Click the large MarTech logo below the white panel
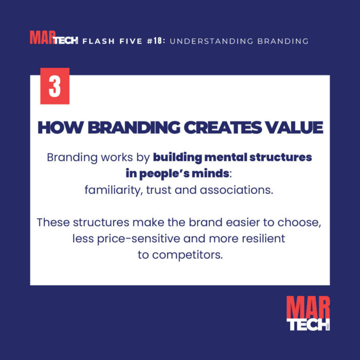click(308, 313)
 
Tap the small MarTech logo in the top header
click(53, 38)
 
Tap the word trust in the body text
click(156, 190)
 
